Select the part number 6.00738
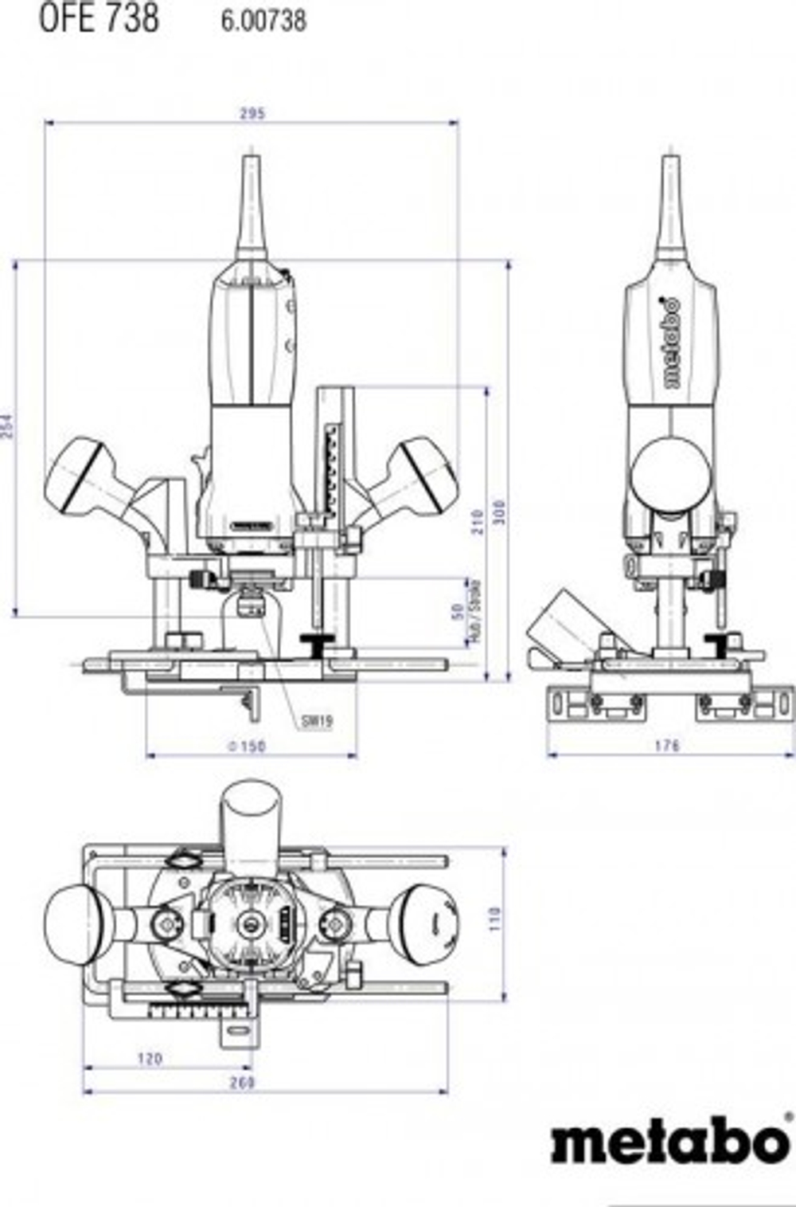(x=263, y=21)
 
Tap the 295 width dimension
(x=252, y=114)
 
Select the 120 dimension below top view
(x=150, y=1059)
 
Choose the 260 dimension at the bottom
(x=242, y=1082)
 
